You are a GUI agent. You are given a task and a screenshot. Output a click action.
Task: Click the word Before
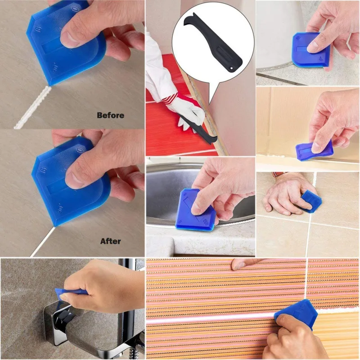point(110,115)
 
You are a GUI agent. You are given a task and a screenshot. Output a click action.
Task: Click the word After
point(110,241)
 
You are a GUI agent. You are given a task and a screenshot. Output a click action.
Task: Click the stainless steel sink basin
point(171,189)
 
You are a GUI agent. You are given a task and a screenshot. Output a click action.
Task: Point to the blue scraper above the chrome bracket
point(72,292)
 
